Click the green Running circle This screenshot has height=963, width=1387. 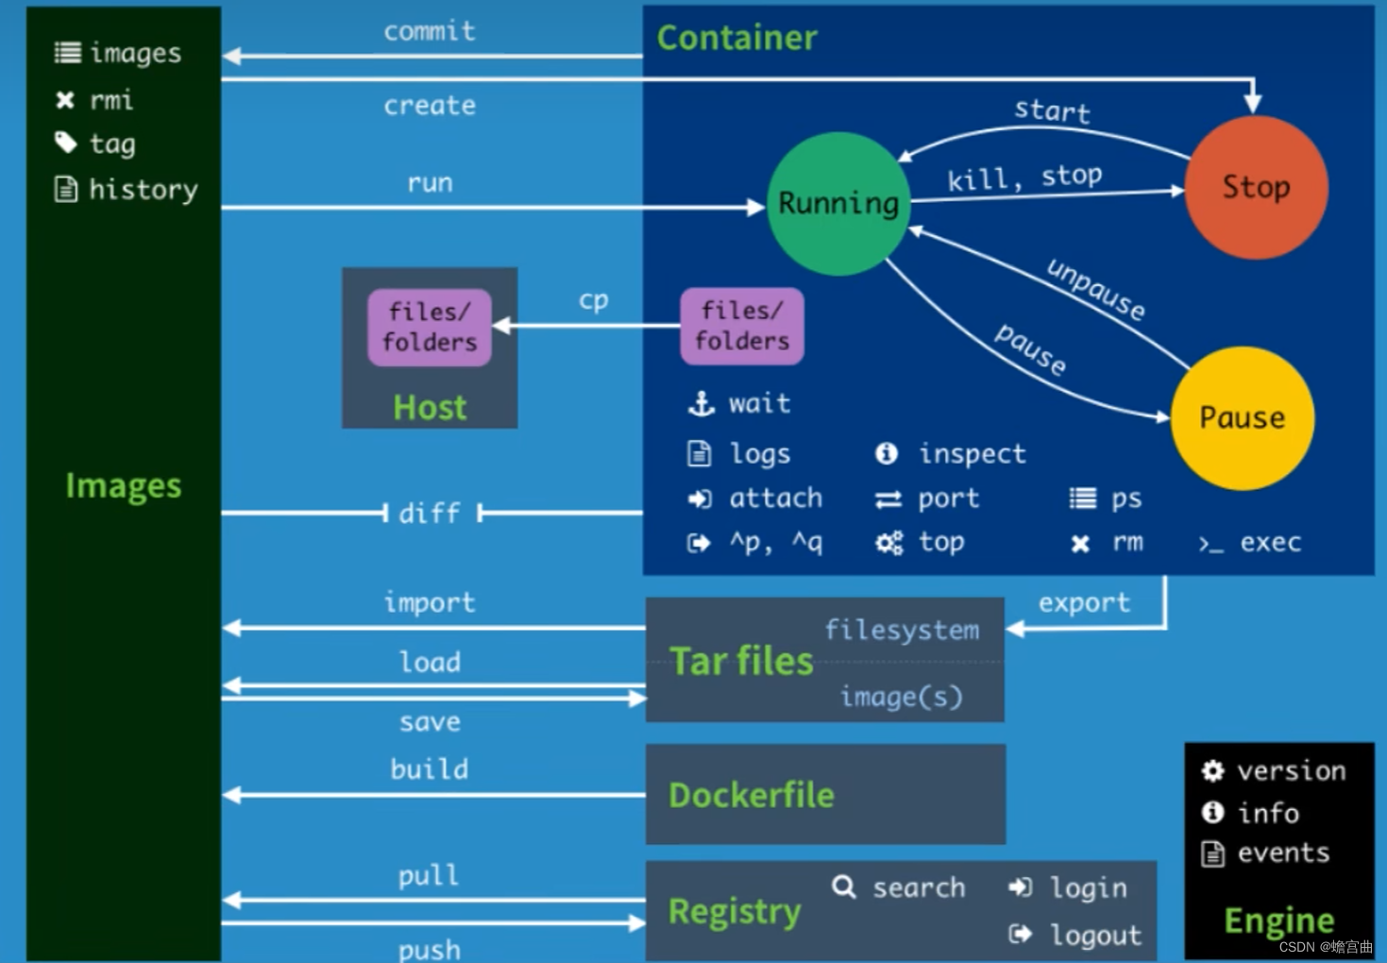[x=838, y=204]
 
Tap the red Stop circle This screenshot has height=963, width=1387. [x=1256, y=187]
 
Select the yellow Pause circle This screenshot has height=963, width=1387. [x=1243, y=418]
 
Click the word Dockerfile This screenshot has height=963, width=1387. [x=751, y=795]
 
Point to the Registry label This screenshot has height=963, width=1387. [x=735, y=912]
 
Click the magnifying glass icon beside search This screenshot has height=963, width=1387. [x=844, y=887]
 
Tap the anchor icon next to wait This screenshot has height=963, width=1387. [x=702, y=404]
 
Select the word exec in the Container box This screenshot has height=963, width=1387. [x=1271, y=543]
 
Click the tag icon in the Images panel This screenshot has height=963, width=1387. [x=66, y=143]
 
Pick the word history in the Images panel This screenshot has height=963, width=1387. [x=143, y=189]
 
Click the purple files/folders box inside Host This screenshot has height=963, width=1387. [x=430, y=327]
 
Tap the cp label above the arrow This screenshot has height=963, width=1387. [x=593, y=301]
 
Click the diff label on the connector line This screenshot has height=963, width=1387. [x=430, y=514]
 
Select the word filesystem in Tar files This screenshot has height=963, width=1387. [x=903, y=631]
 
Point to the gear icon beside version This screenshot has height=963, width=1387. [x=1213, y=771]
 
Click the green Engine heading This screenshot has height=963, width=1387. [x=1279, y=921]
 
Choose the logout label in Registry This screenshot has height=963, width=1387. [x=1096, y=935]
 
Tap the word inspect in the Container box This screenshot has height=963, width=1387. [x=973, y=454]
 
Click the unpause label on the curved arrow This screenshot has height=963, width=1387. [x=1096, y=289]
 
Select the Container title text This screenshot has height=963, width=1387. [x=736, y=38]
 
